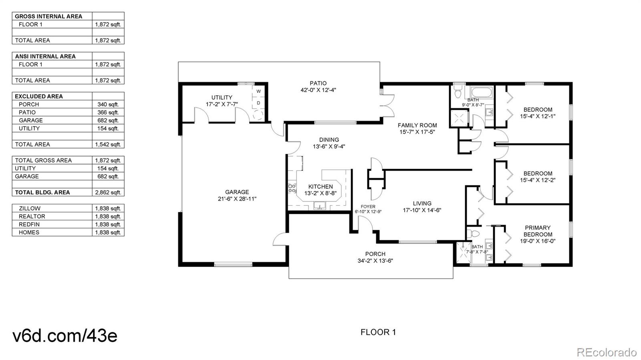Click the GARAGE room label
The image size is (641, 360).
coord(237,192)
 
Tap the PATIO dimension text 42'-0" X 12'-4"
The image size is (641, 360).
coord(318,90)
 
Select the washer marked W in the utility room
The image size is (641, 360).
coord(258,91)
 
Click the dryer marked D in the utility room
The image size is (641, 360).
coord(258,103)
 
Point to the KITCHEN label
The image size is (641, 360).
coord(320,187)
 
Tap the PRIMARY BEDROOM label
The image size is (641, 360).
coord(538,231)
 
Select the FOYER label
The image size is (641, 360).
coord(368,207)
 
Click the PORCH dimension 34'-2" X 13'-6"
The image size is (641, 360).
coord(375,261)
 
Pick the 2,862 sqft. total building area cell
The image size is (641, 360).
coord(108,192)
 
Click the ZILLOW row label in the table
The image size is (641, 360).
coord(30,208)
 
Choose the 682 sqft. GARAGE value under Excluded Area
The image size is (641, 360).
coord(108,120)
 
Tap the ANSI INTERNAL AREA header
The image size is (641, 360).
coord(45,56)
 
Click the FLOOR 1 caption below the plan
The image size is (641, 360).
coord(378,332)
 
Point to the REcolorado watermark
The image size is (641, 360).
coord(606,352)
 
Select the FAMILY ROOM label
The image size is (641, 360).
coord(417,125)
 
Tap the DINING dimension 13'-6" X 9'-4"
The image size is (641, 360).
coord(329,147)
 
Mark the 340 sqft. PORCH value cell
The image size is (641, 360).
coord(108,104)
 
